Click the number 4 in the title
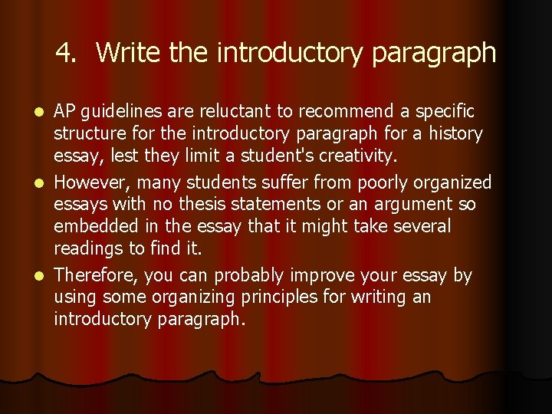65,53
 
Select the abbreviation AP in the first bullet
66,112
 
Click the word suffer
294,182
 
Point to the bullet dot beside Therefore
43,276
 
